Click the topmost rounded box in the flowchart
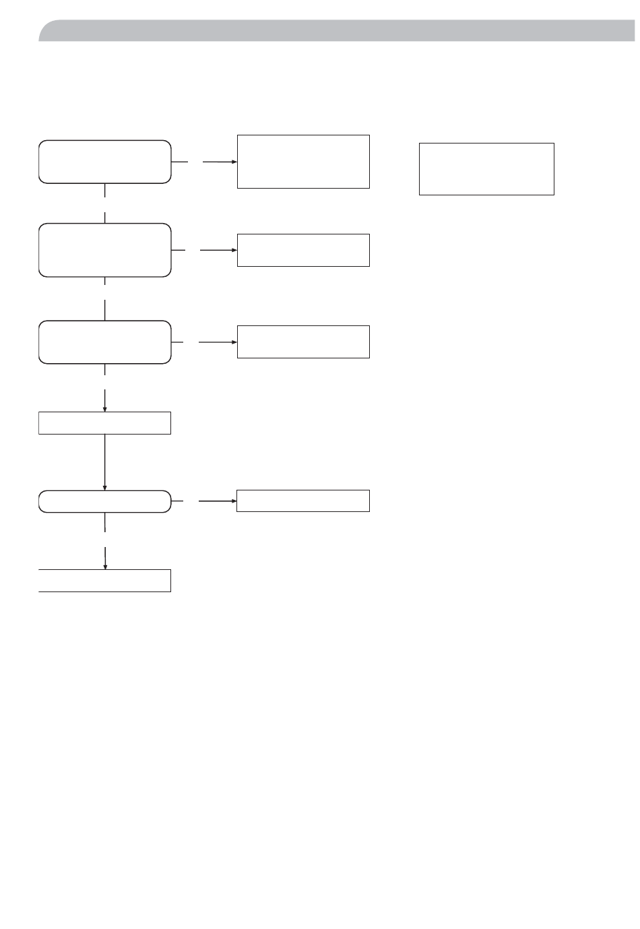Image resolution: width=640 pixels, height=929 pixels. [104, 162]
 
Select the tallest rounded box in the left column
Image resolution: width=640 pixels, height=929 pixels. [104, 250]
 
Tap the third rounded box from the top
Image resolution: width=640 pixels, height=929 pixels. [104, 342]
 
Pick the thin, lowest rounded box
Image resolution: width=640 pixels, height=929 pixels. [104, 502]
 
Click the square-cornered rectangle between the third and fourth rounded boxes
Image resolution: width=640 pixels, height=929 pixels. [104, 423]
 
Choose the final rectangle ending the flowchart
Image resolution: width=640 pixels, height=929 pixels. [104, 581]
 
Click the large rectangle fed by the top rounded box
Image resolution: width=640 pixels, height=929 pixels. [303, 162]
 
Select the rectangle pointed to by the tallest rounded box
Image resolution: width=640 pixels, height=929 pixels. [303, 250]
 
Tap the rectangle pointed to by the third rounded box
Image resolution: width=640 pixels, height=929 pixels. [303, 342]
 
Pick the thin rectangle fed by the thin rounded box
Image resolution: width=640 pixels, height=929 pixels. [303, 501]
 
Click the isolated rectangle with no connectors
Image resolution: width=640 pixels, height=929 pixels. [486, 169]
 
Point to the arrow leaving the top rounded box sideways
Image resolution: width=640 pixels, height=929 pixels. [219, 162]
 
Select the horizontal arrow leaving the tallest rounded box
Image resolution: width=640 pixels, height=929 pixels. [219, 250]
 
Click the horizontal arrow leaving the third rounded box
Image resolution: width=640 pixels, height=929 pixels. [219, 342]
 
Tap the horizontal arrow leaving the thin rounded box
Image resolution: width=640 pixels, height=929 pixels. [219, 501]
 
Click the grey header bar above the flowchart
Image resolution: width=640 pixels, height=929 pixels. [337, 31]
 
